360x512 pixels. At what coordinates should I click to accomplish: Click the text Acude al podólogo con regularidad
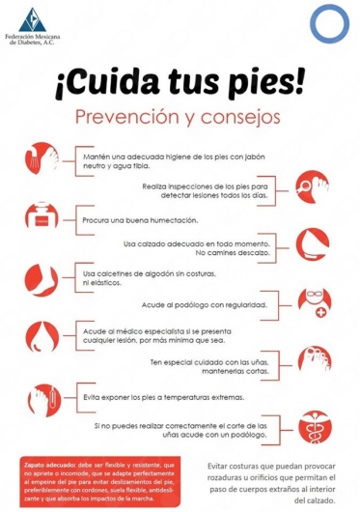pos(204,303)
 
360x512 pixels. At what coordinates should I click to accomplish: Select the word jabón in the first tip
pos(247,156)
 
